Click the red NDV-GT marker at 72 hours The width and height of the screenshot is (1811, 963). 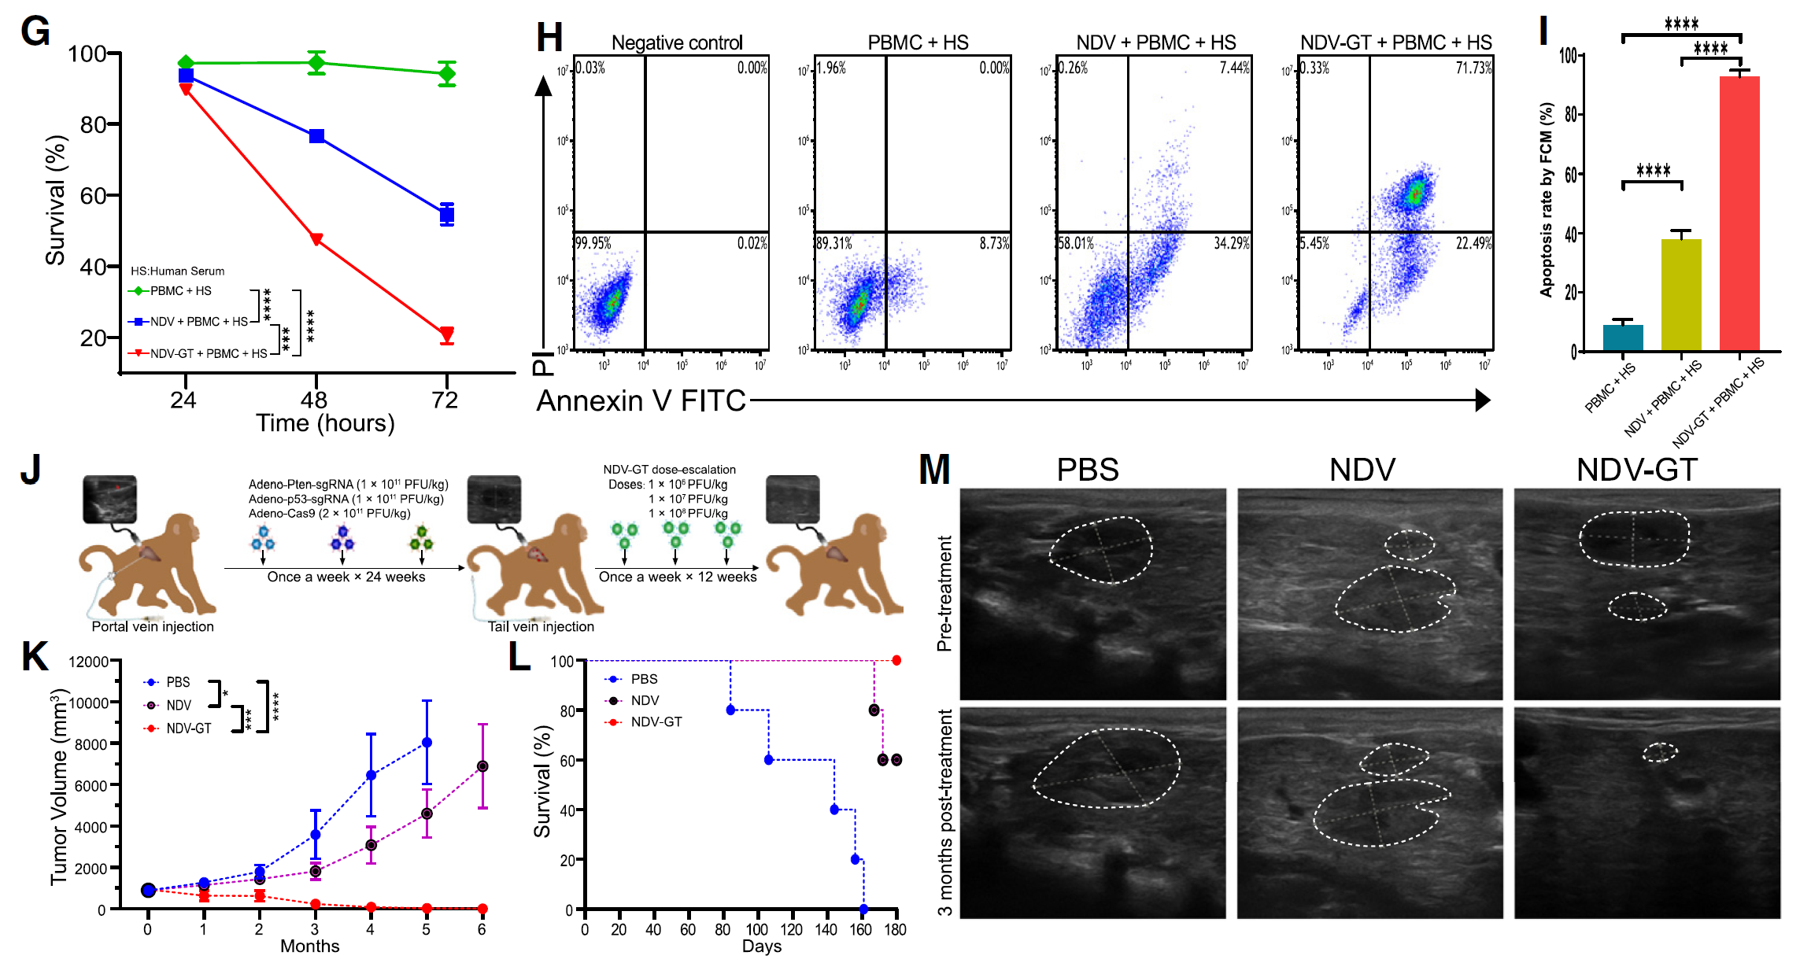[446, 335]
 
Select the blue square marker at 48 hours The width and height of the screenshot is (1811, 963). [316, 136]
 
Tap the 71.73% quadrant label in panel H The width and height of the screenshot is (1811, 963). [1473, 68]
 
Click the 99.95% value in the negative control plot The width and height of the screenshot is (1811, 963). [593, 243]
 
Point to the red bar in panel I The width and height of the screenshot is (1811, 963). [1739, 212]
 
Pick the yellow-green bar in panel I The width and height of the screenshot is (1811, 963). [1681, 294]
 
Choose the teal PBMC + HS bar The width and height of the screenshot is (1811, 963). [1623, 338]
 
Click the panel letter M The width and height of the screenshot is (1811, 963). [934, 470]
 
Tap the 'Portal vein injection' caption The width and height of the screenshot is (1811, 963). [153, 626]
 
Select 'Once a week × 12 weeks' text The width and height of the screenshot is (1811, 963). [678, 577]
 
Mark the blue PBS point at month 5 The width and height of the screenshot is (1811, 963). [427, 742]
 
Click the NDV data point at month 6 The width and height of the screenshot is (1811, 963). [482, 766]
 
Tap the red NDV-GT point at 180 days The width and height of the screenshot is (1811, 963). [896, 660]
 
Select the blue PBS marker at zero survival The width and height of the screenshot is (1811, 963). [863, 909]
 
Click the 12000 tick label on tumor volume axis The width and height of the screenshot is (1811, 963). [88, 662]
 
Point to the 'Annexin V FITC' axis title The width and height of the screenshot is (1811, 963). [641, 401]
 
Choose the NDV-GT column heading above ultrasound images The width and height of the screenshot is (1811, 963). [1636, 470]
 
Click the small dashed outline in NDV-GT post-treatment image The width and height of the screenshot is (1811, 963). [1660, 753]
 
